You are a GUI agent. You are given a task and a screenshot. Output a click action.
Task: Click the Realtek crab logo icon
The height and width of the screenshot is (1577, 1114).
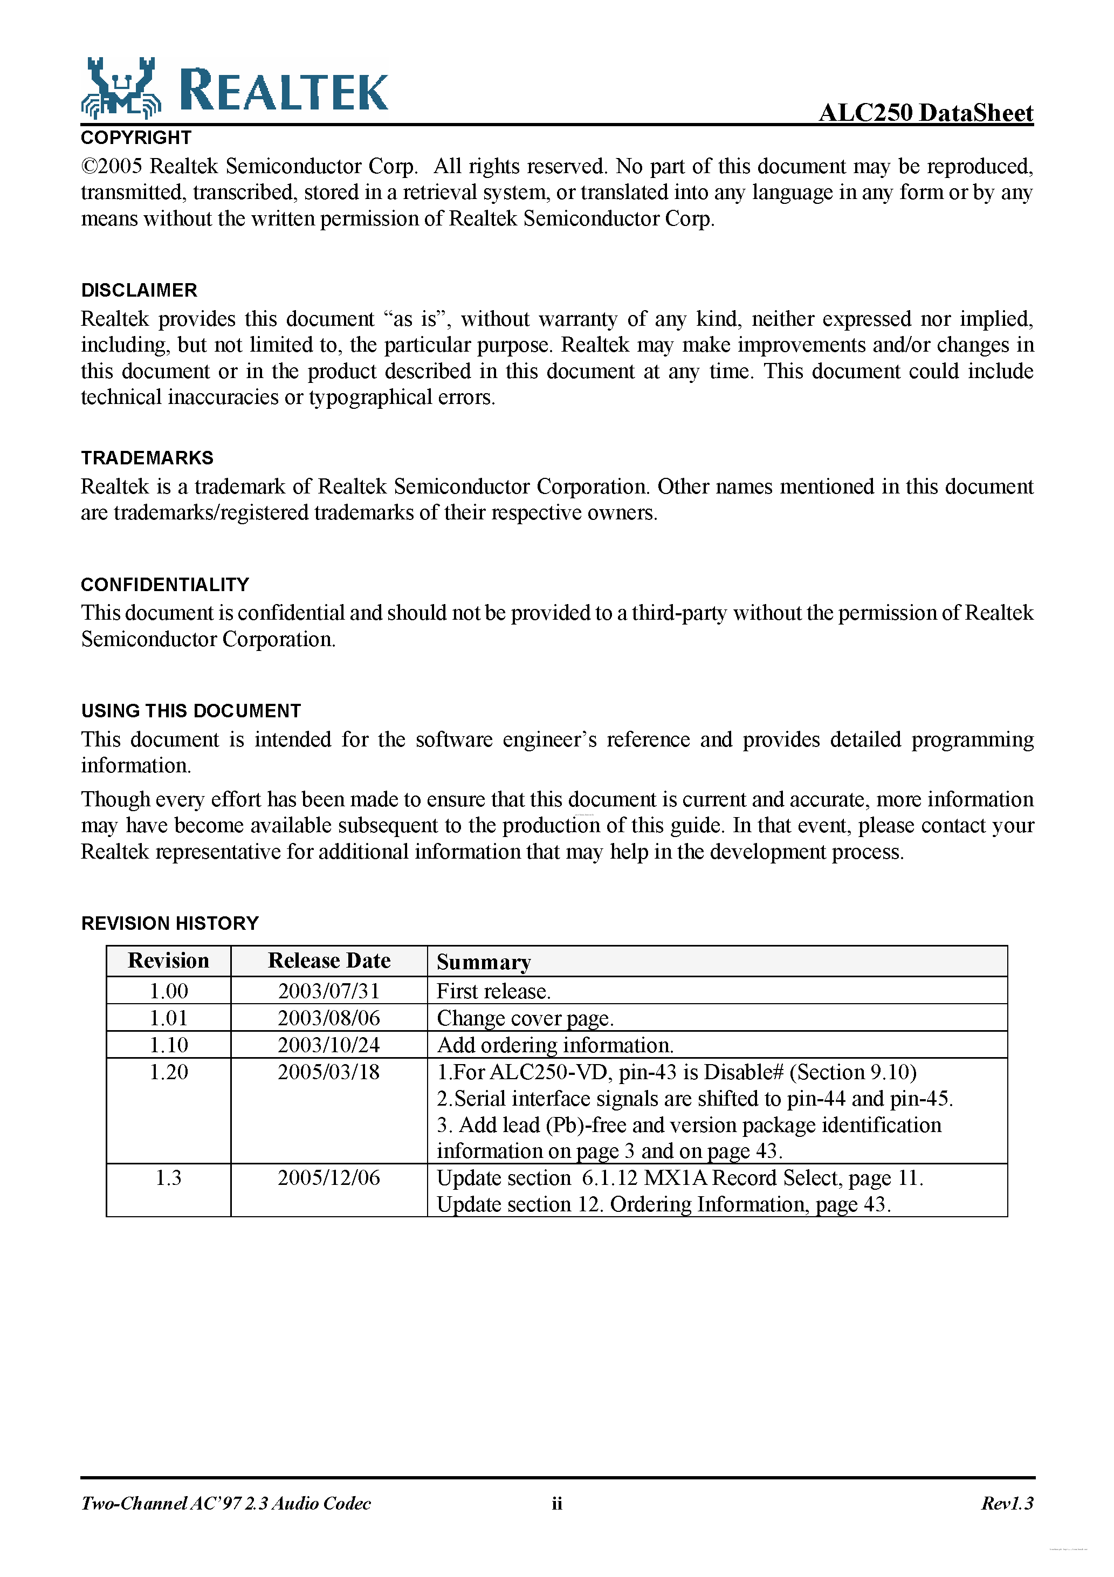tap(121, 88)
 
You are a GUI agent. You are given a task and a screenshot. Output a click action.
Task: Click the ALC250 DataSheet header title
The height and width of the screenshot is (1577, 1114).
tap(925, 112)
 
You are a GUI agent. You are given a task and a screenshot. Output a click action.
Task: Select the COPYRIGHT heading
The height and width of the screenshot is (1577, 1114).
tap(136, 138)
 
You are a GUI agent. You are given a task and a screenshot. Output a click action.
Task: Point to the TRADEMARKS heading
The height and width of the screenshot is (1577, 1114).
tap(147, 457)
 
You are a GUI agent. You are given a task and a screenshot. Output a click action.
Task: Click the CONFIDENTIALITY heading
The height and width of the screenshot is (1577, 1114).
tap(165, 585)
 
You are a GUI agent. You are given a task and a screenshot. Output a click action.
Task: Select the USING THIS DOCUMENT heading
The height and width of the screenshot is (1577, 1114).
tap(191, 711)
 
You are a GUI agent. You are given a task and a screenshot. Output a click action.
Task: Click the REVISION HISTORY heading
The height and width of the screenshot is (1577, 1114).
tap(170, 923)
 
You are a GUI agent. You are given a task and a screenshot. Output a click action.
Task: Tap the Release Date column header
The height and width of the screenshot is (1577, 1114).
tap(329, 960)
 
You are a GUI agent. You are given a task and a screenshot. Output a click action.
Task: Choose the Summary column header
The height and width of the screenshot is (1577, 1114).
tap(484, 962)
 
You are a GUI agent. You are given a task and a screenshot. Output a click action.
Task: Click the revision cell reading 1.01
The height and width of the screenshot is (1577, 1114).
tap(168, 1018)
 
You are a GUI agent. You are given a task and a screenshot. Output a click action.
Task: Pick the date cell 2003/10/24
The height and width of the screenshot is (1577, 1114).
tap(328, 1045)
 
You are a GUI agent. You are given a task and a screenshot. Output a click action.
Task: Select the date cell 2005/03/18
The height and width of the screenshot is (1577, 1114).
tap(328, 1072)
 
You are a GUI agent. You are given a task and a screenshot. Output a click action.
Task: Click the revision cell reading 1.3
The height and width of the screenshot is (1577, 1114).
tap(168, 1177)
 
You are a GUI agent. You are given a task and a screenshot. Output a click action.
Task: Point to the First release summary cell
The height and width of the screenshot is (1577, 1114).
tap(493, 991)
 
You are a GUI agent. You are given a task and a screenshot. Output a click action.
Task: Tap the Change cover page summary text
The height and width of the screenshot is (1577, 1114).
tap(525, 1018)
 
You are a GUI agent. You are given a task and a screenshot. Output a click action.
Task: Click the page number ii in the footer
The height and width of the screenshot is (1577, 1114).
tap(556, 1504)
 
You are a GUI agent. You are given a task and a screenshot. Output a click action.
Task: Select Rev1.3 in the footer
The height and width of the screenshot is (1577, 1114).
tap(1006, 1504)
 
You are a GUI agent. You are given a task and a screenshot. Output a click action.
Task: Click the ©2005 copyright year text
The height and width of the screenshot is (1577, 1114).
tap(112, 166)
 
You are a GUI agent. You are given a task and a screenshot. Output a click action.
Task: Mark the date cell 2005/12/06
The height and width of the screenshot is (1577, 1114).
tap(328, 1177)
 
